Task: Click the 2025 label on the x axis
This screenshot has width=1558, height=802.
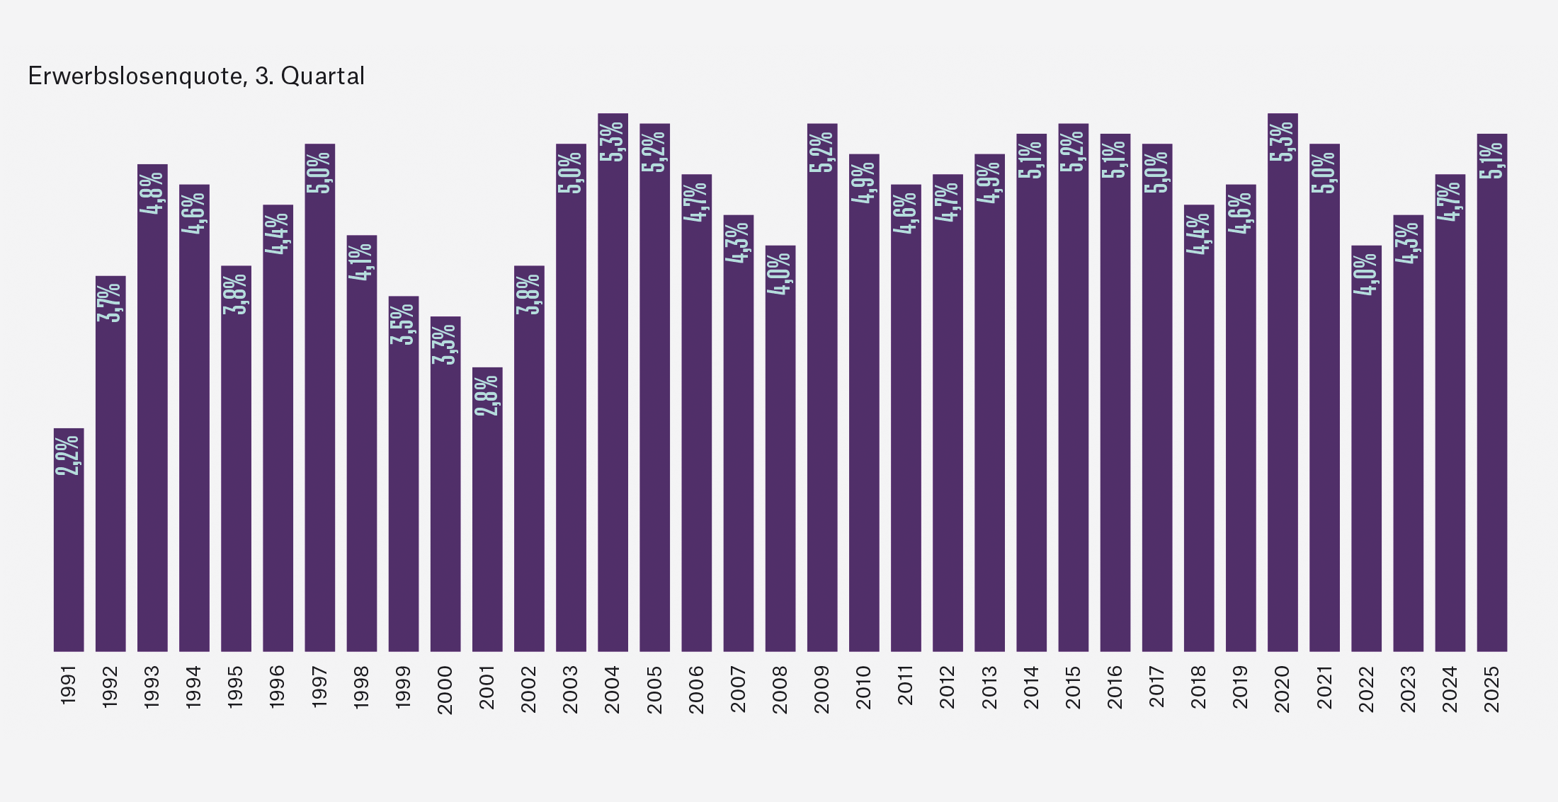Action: point(1492,688)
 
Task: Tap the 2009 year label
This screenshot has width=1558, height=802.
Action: point(821,688)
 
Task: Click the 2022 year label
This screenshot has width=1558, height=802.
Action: point(1366,688)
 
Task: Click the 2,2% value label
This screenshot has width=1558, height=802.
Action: point(69,455)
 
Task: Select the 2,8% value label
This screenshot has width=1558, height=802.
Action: point(487,395)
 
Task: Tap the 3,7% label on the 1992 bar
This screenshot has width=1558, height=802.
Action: point(110,302)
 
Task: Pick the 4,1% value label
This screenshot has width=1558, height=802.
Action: point(362,262)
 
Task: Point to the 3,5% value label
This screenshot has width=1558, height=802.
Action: point(404,323)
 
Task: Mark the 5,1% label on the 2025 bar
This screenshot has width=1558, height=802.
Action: point(1492,160)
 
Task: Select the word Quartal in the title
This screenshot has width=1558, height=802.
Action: point(322,76)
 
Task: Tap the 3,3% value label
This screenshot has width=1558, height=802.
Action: point(445,344)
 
